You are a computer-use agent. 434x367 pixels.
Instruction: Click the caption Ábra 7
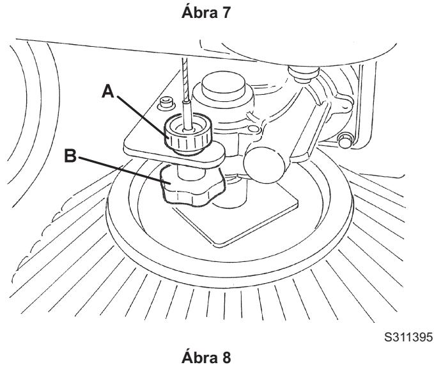tap(206, 12)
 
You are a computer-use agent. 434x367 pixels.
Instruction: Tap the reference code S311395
tap(408, 337)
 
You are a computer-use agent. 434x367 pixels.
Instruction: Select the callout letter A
tap(108, 91)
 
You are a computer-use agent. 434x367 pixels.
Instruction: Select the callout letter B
tap(70, 156)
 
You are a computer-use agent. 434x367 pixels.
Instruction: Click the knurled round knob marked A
tap(188, 134)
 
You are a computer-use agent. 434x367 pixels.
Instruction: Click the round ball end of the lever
tap(264, 165)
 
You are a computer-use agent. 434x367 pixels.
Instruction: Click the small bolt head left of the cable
tap(166, 103)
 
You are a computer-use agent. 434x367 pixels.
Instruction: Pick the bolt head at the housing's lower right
tap(345, 140)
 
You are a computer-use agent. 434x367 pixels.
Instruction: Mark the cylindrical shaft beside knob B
tap(232, 194)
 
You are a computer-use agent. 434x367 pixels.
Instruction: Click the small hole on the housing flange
tap(253, 129)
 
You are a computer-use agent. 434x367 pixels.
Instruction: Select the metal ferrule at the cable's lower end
tap(187, 115)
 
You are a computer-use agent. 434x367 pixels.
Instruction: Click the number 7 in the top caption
tap(225, 13)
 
